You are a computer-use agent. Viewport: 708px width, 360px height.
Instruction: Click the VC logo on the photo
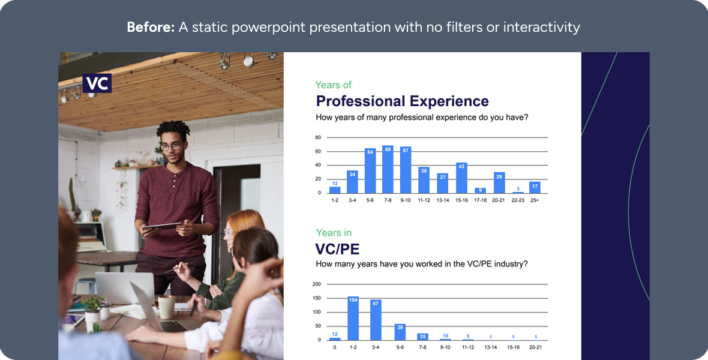pos(97,83)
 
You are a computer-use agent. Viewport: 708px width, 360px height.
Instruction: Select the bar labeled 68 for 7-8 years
pos(388,169)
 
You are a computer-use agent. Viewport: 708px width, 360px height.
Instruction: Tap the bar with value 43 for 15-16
pos(461,178)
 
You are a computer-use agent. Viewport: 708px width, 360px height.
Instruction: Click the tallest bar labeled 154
pos(353,319)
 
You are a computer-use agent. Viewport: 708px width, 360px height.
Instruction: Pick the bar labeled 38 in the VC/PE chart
pos(400,332)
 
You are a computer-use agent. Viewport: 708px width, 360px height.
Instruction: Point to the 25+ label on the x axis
pos(535,200)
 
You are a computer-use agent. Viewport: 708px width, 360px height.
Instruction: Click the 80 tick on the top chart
pos(319,137)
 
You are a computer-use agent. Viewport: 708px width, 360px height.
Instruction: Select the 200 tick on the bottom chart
pos(317,284)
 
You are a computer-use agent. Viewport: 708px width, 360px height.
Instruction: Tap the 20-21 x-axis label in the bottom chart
pos(536,347)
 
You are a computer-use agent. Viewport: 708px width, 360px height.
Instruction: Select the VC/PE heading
pos(337,249)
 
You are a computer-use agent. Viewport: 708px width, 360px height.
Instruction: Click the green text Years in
pos(334,233)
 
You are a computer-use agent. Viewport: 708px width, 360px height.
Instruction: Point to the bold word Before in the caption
pos(151,27)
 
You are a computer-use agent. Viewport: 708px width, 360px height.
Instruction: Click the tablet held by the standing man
pos(161,226)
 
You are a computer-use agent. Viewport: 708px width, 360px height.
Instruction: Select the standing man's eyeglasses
pos(172,146)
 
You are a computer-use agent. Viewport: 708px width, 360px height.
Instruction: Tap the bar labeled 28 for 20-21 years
pos(499,182)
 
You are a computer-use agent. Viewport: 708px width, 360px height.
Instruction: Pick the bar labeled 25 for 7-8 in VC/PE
pos(422,337)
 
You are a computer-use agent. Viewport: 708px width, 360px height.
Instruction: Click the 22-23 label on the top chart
pos(518,200)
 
